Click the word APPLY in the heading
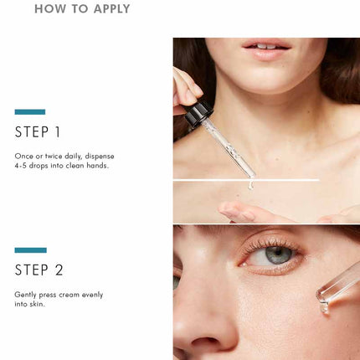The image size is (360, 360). pyautogui.click(x=111, y=9)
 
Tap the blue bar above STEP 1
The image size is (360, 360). pyautogui.click(x=30, y=112)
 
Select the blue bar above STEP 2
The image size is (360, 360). pyautogui.click(x=31, y=250)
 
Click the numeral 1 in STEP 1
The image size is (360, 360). pyautogui.click(x=58, y=132)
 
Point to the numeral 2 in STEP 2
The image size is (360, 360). pyautogui.click(x=59, y=270)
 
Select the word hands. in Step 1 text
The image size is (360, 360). pyautogui.click(x=97, y=166)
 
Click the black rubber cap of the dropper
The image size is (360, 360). pyautogui.click(x=198, y=114)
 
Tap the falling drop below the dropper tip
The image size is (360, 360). pyautogui.click(x=250, y=185)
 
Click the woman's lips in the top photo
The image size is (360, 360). pyautogui.click(x=266, y=49)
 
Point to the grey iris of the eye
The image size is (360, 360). pyautogui.click(x=278, y=255)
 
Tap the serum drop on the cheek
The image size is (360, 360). pyautogui.click(x=325, y=308)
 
